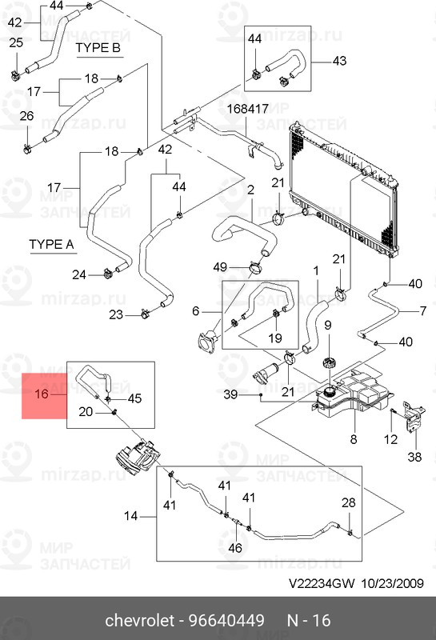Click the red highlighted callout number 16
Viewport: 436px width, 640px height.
click(42, 394)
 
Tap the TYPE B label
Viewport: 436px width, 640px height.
click(98, 48)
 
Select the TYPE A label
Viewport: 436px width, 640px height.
click(51, 244)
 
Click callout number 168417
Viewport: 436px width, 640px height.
click(248, 109)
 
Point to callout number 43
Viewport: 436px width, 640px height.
click(339, 61)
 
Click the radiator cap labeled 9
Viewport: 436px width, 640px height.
click(327, 362)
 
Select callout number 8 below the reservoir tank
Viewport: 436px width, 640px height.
click(354, 439)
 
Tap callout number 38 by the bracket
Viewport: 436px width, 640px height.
click(414, 457)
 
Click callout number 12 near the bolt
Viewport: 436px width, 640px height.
click(390, 439)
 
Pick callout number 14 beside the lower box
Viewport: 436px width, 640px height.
click(130, 516)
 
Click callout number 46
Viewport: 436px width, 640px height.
click(235, 547)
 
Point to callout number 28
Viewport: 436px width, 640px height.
click(349, 502)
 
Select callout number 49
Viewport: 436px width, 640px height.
click(220, 267)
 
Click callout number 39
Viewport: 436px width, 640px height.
click(230, 394)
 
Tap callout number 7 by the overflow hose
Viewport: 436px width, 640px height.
click(423, 311)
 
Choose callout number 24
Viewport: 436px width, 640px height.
click(78, 274)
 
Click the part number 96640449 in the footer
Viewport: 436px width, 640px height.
click(226, 621)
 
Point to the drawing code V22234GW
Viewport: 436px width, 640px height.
click(322, 583)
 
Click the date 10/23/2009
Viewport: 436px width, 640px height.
click(392, 583)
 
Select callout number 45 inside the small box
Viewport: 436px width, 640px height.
click(134, 398)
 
